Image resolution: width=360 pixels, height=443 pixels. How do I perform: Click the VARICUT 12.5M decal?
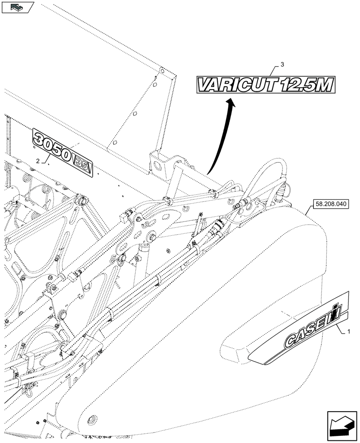[x=265, y=85]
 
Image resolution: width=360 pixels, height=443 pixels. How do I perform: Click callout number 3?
[x=282, y=65]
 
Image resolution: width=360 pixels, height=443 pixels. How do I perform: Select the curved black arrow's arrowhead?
[x=230, y=103]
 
